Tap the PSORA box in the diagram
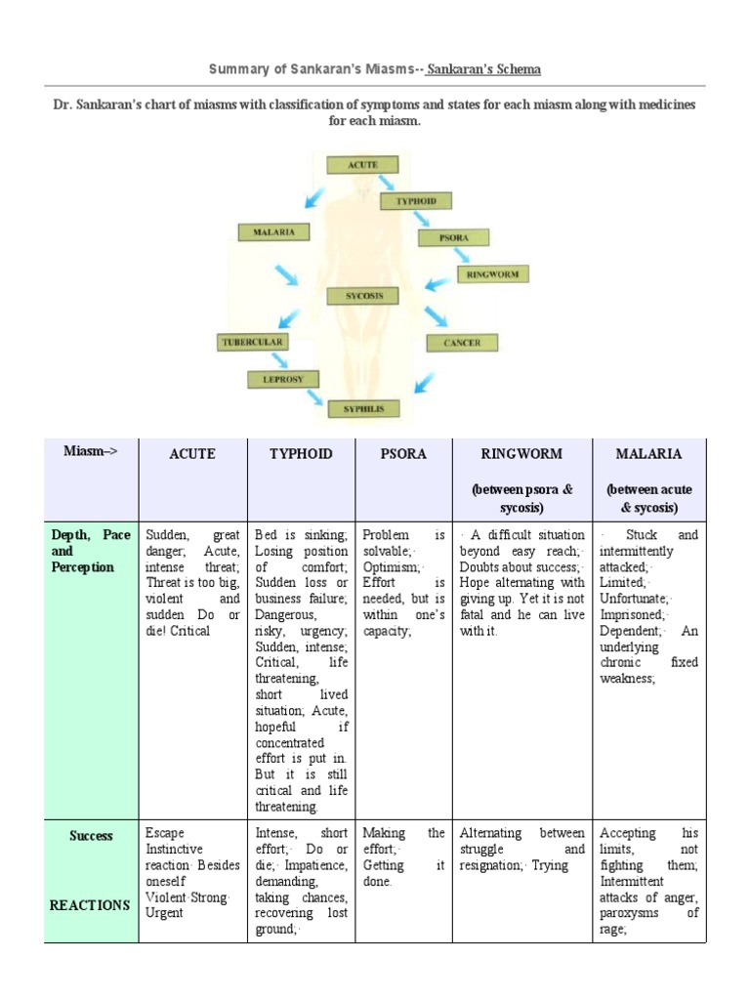click(x=453, y=237)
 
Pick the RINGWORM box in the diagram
click(x=492, y=273)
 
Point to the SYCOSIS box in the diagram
click(x=363, y=296)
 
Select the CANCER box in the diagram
click(x=461, y=343)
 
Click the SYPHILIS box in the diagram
click(x=362, y=409)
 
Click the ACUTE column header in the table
click(x=192, y=454)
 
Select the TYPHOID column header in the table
click(x=301, y=454)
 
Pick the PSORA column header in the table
click(x=403, y=454)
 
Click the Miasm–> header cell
click(x=91, y=451)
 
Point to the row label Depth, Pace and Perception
click(x=90, y=551)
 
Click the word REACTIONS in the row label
click(x=90, y=905)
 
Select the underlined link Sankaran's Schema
click(x=484, y=69)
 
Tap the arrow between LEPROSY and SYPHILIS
click(x=314, y=396)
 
